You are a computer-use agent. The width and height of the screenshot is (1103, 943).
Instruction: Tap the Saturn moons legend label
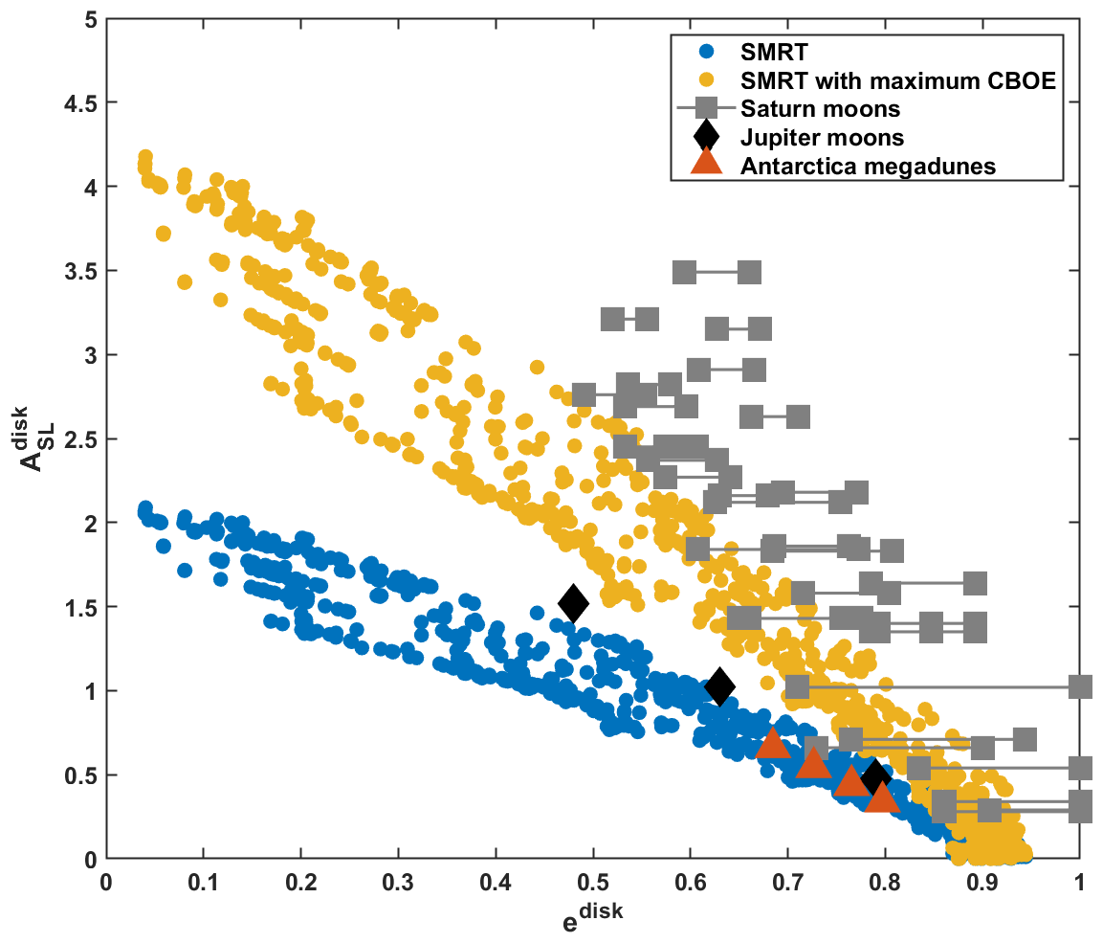(820, 107)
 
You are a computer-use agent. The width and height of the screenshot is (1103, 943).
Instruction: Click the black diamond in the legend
(706, 136)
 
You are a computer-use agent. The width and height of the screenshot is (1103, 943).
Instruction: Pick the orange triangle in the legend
(706, 164)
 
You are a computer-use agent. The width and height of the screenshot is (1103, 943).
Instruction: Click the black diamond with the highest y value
(573, 603)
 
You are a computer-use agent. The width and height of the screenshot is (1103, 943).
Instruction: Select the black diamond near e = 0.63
(719, 685)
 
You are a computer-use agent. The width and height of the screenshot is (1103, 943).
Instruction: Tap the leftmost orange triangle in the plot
(772, 742)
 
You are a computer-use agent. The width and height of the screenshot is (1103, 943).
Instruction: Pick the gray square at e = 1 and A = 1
(1080, 686)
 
